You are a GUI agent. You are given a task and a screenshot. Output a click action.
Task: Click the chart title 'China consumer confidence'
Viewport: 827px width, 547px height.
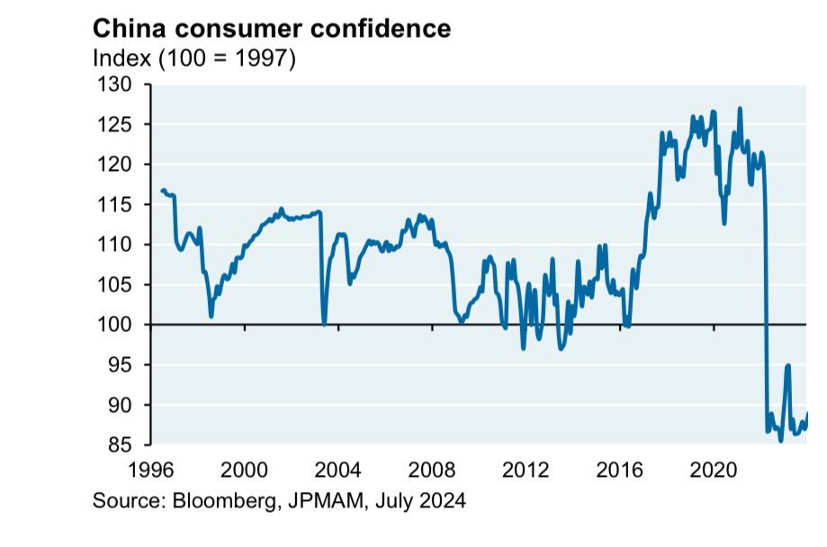(272, 28)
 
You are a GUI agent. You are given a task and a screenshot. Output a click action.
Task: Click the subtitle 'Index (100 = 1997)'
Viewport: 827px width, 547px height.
(195, 59)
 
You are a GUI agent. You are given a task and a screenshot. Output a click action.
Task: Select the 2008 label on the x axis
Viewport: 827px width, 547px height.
(432, 471)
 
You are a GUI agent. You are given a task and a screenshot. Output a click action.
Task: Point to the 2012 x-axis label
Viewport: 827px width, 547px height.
(526, 471)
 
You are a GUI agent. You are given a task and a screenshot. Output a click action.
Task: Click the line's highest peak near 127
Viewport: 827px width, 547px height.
(740, 109)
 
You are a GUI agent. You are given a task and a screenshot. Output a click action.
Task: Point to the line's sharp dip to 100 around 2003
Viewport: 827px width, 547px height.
(324, 324)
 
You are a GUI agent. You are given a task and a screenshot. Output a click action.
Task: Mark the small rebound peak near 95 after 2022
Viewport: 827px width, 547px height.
(787, 365)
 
